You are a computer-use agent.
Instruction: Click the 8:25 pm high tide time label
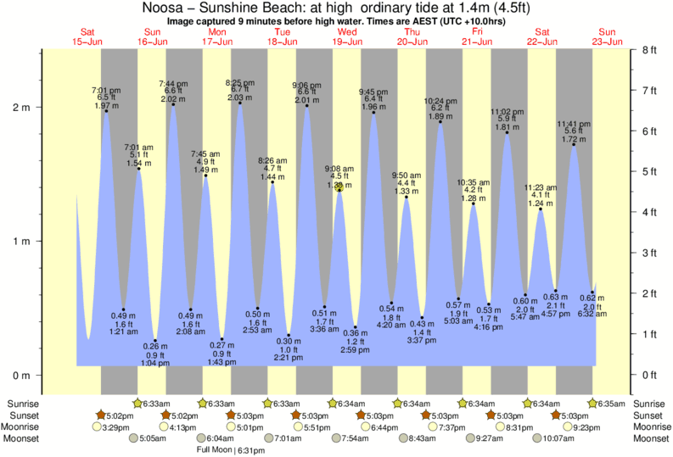[239, 82]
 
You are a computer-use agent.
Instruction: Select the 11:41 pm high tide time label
[574, 123]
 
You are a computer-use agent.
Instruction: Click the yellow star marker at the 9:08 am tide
[339, 188]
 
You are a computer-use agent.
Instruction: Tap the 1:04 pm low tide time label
[154, 362]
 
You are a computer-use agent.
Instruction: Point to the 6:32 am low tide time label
[592, 314]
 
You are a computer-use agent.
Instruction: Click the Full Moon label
[216, 449]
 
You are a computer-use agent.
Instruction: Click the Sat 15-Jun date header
[87, 36]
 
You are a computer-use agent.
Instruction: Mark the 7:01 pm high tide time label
[106, 90]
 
